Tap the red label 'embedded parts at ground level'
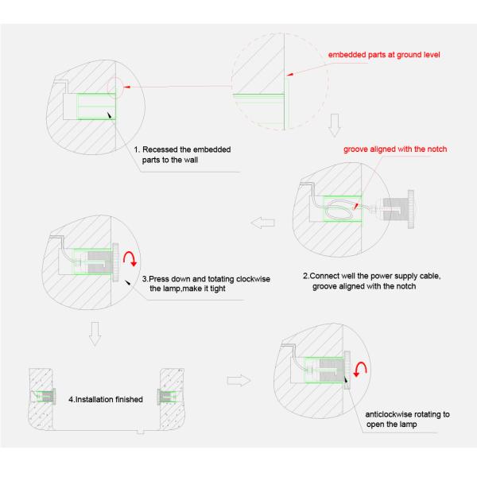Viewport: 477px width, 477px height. click(384, 55)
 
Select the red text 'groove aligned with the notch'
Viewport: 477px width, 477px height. click(395, 149)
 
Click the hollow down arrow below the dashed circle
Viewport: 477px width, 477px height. click(335, 125)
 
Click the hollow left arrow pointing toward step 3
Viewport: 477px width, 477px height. click(262, 223)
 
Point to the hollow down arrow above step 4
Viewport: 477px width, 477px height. click(95, 334)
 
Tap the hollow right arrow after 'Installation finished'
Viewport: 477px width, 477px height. click(238, 380)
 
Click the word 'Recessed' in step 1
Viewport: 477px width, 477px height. click(160, 149)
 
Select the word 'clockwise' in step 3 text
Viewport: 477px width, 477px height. click(253, 279)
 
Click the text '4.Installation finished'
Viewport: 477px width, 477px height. click(106, 399)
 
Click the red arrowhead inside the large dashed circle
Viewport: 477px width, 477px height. click(289, 74)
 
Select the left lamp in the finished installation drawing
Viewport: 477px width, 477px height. click(45, 396)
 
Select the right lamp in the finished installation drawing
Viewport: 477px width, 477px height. click(167, 396)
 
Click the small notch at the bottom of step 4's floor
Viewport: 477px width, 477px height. click(140, 431)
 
